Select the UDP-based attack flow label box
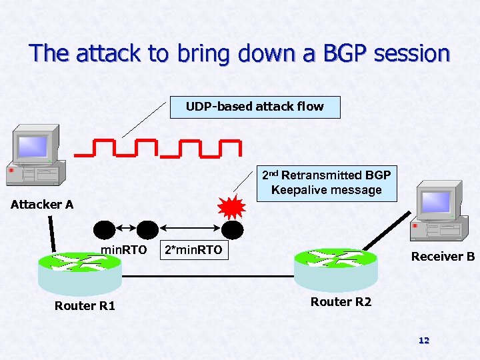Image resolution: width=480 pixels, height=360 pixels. [x=255, y=107]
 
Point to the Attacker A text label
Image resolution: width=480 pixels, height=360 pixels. [x=42, y=205]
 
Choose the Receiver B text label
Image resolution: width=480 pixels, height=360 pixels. [x=443, y=257]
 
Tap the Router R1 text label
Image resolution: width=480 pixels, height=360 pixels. [x=85, y=306]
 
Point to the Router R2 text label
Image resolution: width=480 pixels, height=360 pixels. [x=341, y=302]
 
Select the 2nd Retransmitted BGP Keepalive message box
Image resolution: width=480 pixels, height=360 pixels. [x=326, y=183]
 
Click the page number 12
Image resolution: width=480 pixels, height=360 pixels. [x=423, y=341]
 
